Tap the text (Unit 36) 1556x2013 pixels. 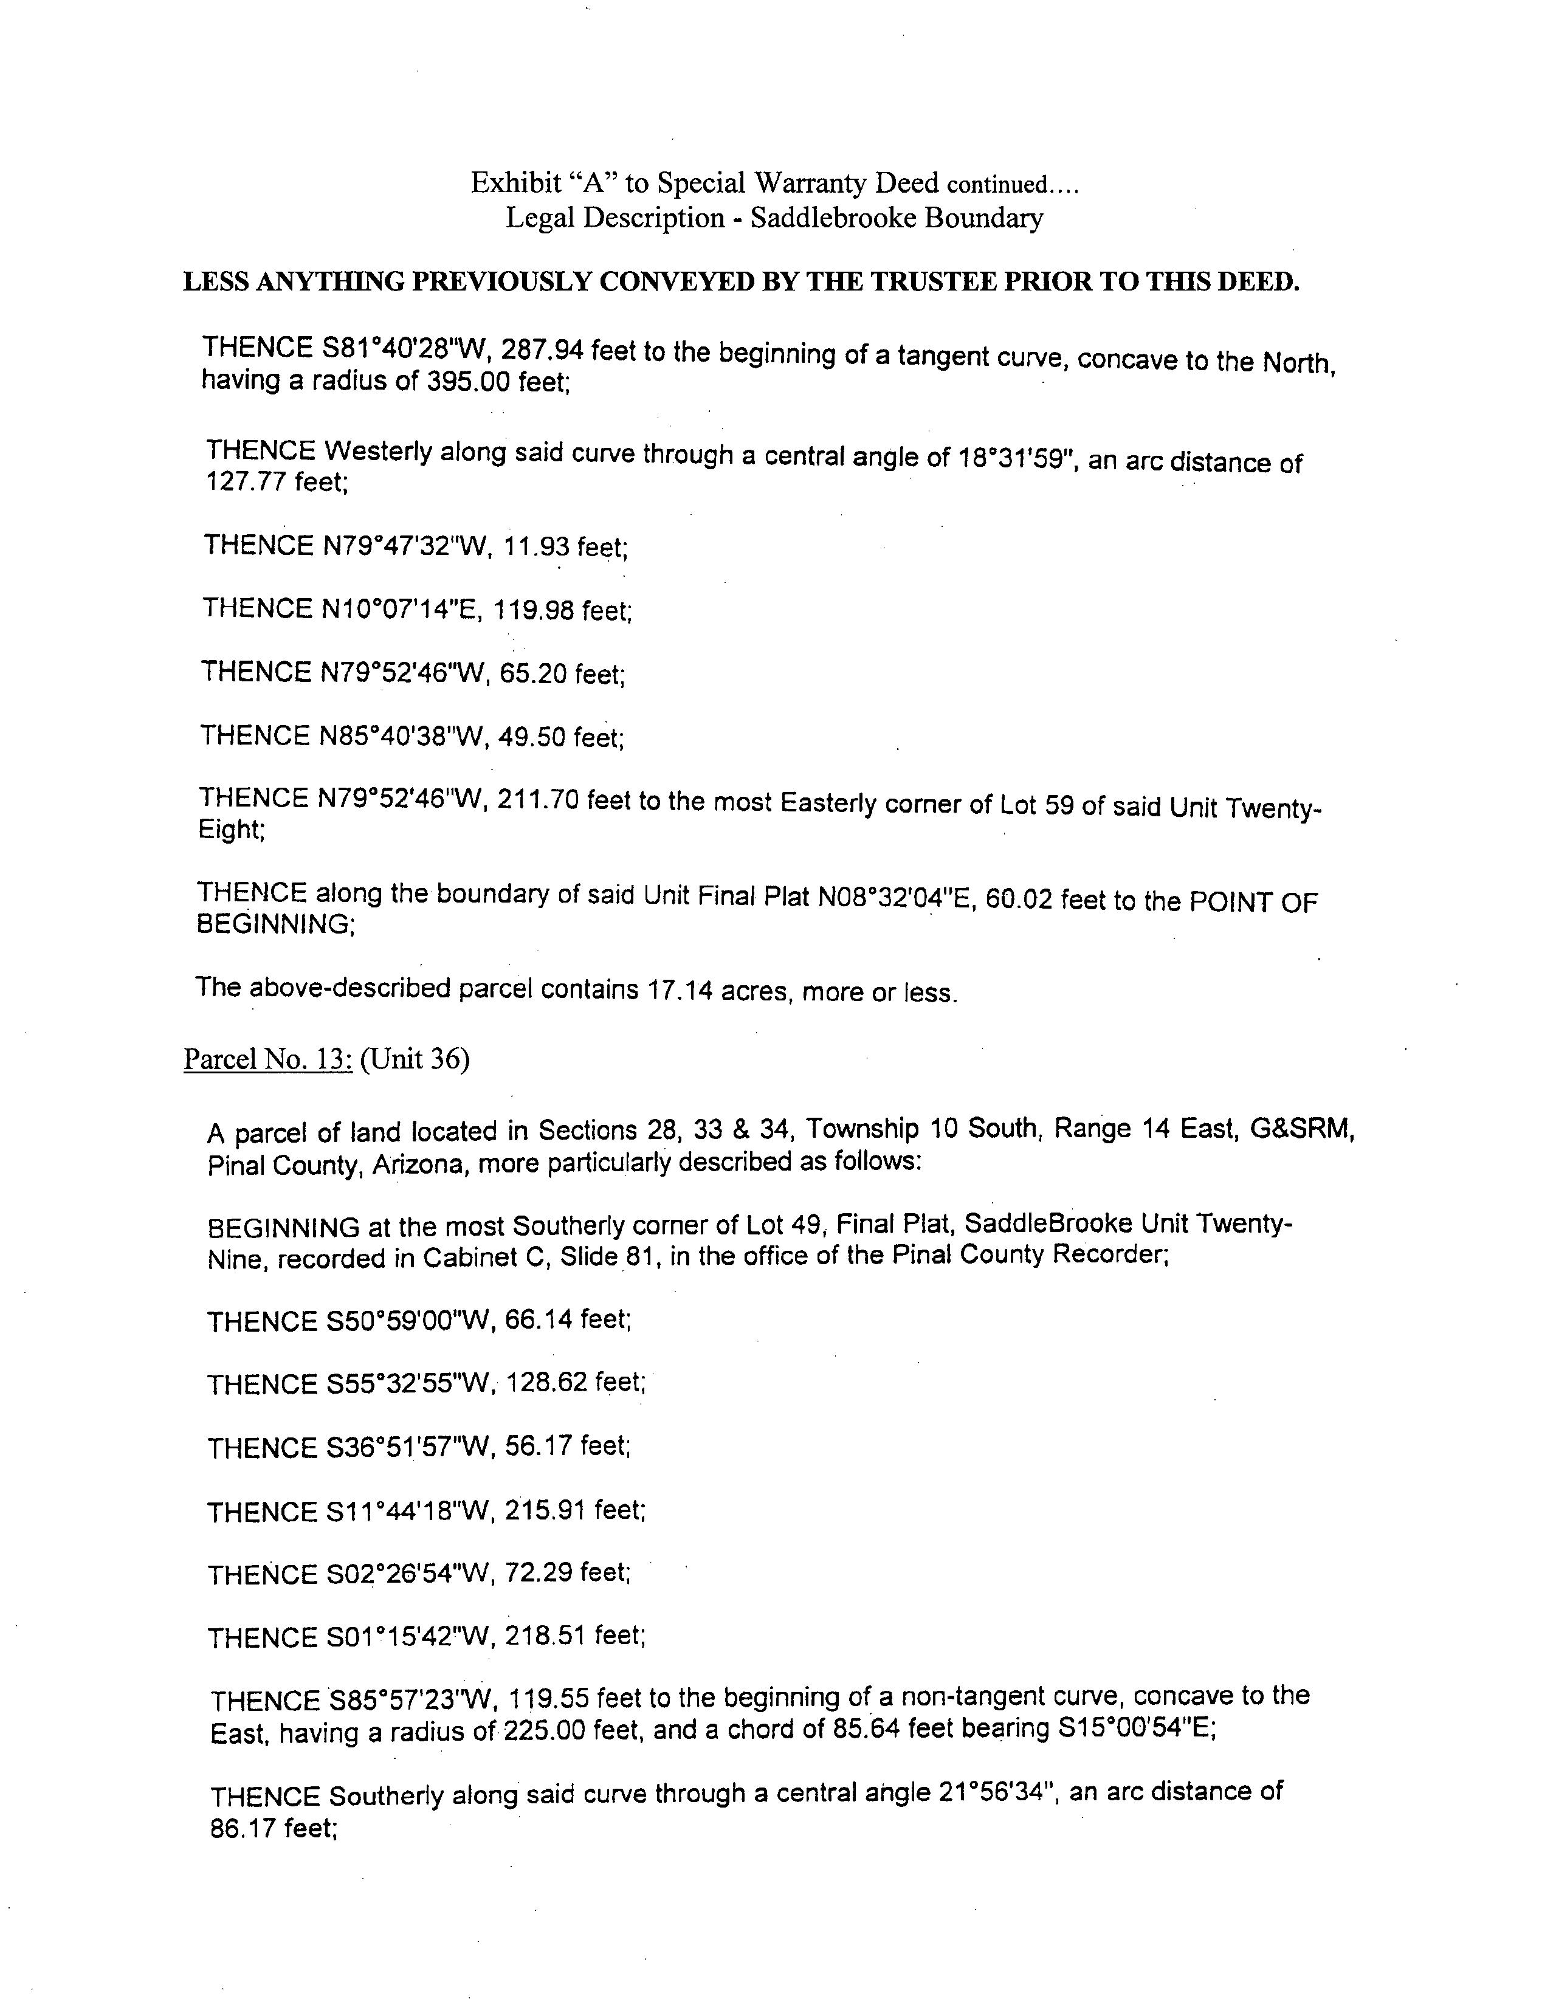(415, 1059)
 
